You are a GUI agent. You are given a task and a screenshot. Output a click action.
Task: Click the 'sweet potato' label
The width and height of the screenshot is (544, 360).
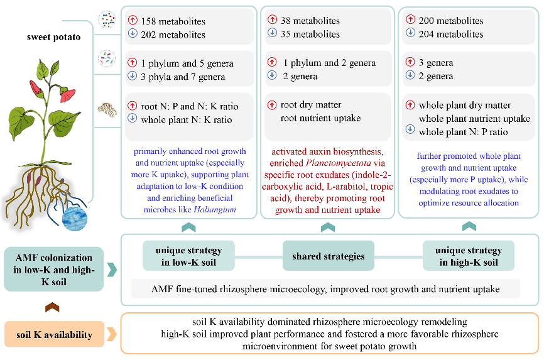tap(54, 37)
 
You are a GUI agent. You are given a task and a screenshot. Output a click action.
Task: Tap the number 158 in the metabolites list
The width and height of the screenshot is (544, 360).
tap(148, 21)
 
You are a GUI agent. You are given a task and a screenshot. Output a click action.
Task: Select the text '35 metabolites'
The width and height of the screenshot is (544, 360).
tap(310, 34)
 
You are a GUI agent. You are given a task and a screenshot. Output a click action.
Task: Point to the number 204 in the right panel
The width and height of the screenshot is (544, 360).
tap(426, 34)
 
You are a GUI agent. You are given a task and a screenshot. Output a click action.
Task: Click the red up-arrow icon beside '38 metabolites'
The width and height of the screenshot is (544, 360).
tap(273, 19)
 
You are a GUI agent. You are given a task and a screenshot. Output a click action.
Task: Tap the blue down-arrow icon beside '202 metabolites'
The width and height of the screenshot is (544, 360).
tap(133, 33)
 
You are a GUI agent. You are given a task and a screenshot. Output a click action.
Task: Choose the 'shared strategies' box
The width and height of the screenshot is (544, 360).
tap(328, 256)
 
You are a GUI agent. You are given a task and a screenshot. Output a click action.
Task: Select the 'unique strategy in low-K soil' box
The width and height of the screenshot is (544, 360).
tap(188, 256)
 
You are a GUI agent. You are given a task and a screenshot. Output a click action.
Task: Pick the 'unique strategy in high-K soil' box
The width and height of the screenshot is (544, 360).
tap(469, 256)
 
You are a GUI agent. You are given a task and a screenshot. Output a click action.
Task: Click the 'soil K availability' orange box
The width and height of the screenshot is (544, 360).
tap(54, 334)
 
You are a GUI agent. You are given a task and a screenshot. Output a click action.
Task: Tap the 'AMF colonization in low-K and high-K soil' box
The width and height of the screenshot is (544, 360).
tap(54, 270)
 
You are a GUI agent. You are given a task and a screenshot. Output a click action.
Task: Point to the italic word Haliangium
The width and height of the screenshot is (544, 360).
tap(215, 209)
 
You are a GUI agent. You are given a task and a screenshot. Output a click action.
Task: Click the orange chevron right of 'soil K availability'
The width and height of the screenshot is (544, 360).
tap(112, 334)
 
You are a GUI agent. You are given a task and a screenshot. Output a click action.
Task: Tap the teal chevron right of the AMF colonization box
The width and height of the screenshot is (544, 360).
tap(112, 270)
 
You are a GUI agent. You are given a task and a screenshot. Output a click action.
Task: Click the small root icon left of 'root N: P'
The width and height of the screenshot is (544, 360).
tap(107, 109)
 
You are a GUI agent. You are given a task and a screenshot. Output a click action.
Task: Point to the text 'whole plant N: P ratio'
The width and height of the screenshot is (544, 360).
tap(463, 132)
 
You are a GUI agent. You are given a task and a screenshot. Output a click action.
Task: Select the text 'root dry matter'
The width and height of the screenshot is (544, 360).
tap(311, 104)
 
